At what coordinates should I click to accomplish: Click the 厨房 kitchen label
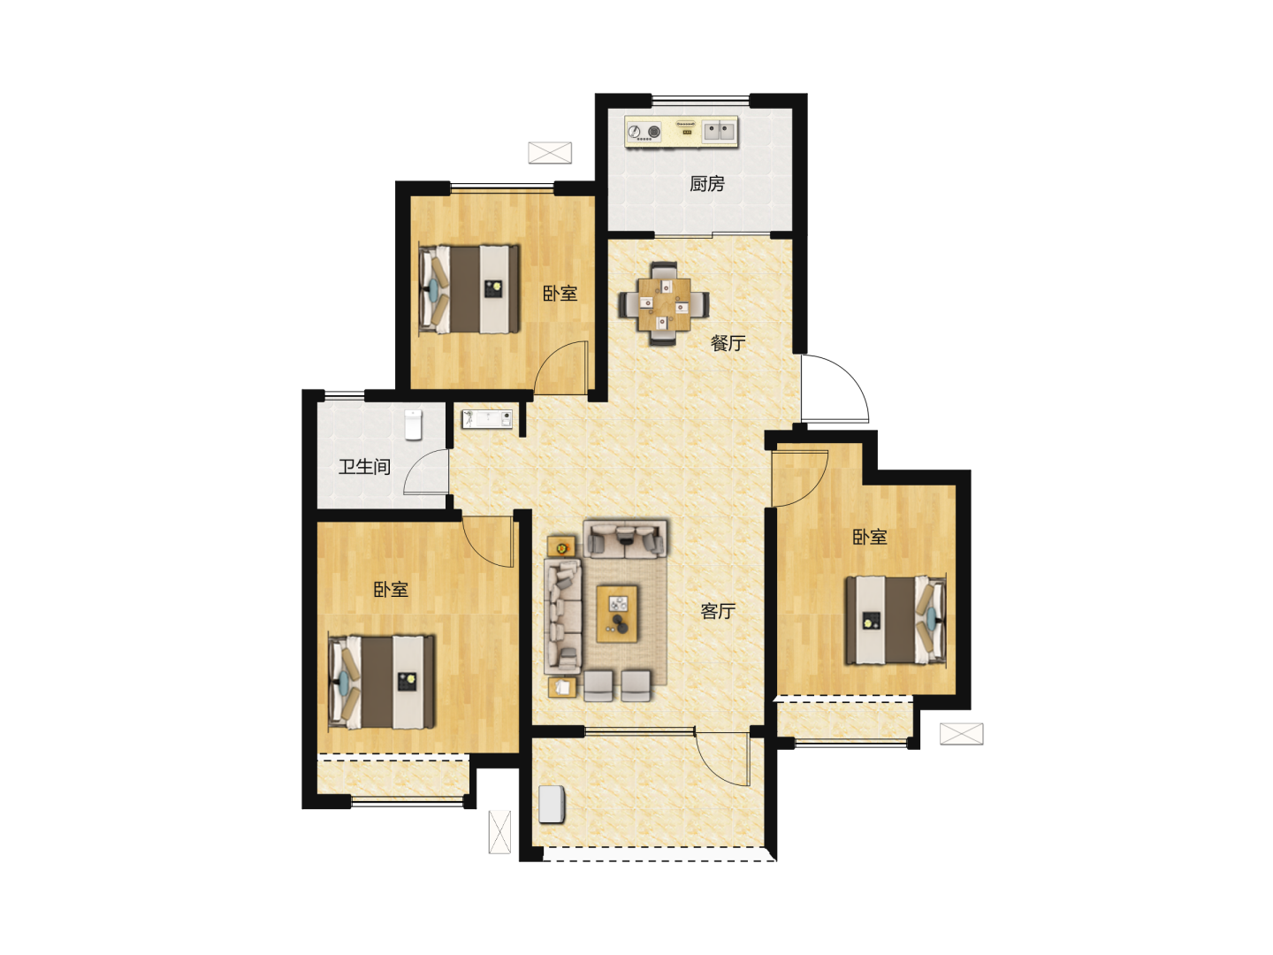coord(706,184)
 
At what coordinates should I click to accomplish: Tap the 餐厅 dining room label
coord(728,343)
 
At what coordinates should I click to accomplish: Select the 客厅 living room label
coord(718,611)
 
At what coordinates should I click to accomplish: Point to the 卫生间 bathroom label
coord(364,467)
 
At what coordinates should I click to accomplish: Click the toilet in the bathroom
coord(413,424)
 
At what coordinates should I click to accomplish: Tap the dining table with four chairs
coord(664,304)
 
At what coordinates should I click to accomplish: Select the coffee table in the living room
coord(617,614)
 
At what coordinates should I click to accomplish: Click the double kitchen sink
coord(719,132)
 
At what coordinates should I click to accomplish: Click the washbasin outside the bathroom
coord(487,418)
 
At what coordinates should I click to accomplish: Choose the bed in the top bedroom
coord(469,289)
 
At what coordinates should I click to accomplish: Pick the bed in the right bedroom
coord(896,620)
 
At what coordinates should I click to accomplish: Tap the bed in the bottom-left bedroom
coord(381,681)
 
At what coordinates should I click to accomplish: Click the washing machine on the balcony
coord(552,805)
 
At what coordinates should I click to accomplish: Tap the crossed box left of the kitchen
coord(550,152)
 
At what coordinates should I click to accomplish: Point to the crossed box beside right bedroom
coord(962,734)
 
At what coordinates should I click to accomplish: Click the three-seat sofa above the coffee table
coord(625,539)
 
